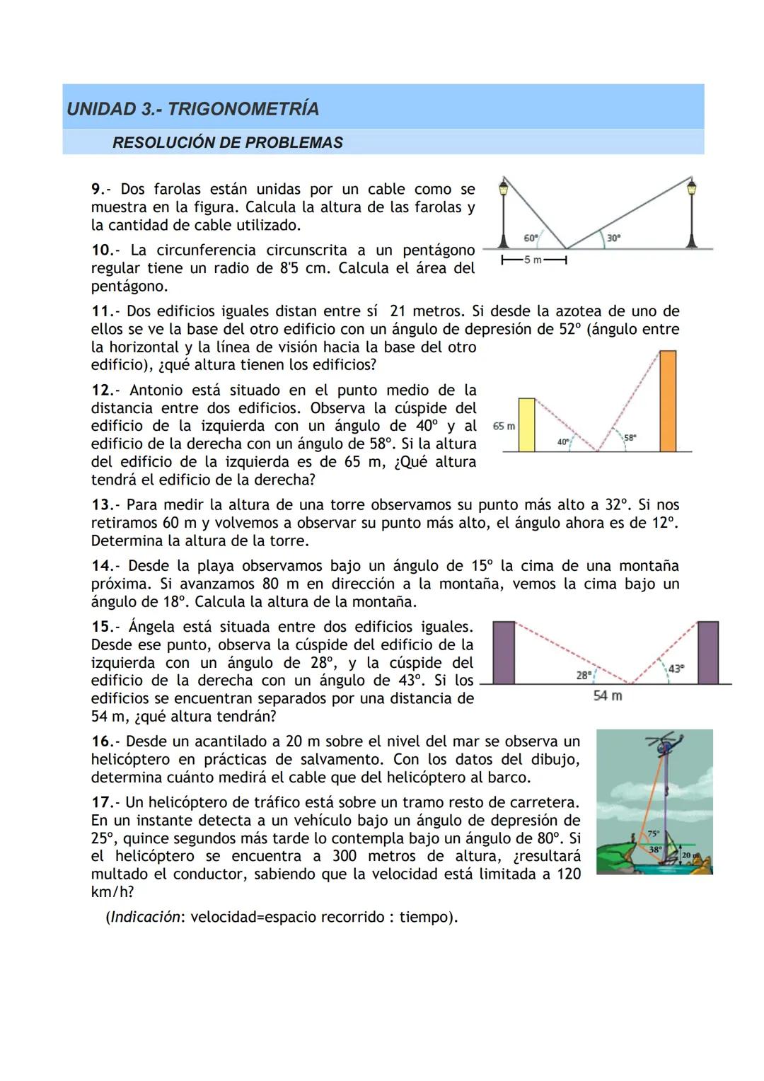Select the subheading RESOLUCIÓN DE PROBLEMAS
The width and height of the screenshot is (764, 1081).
227,143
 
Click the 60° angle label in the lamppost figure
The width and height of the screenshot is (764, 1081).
531,238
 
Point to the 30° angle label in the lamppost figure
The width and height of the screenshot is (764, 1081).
613,238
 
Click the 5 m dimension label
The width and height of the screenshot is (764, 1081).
534,260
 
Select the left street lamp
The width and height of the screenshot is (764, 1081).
504,212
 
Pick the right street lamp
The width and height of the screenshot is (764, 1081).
691,212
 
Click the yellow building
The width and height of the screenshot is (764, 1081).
526,424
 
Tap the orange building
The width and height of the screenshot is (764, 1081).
667,400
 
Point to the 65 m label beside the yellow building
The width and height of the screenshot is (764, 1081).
504,426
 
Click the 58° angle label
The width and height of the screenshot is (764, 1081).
630,438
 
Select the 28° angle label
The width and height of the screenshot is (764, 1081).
584,675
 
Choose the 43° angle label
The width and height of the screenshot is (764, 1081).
676,668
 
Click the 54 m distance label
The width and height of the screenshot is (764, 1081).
608,696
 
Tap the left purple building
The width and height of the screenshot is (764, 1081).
504,652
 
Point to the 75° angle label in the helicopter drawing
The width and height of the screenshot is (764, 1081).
653,834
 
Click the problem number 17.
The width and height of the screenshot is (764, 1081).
103,802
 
